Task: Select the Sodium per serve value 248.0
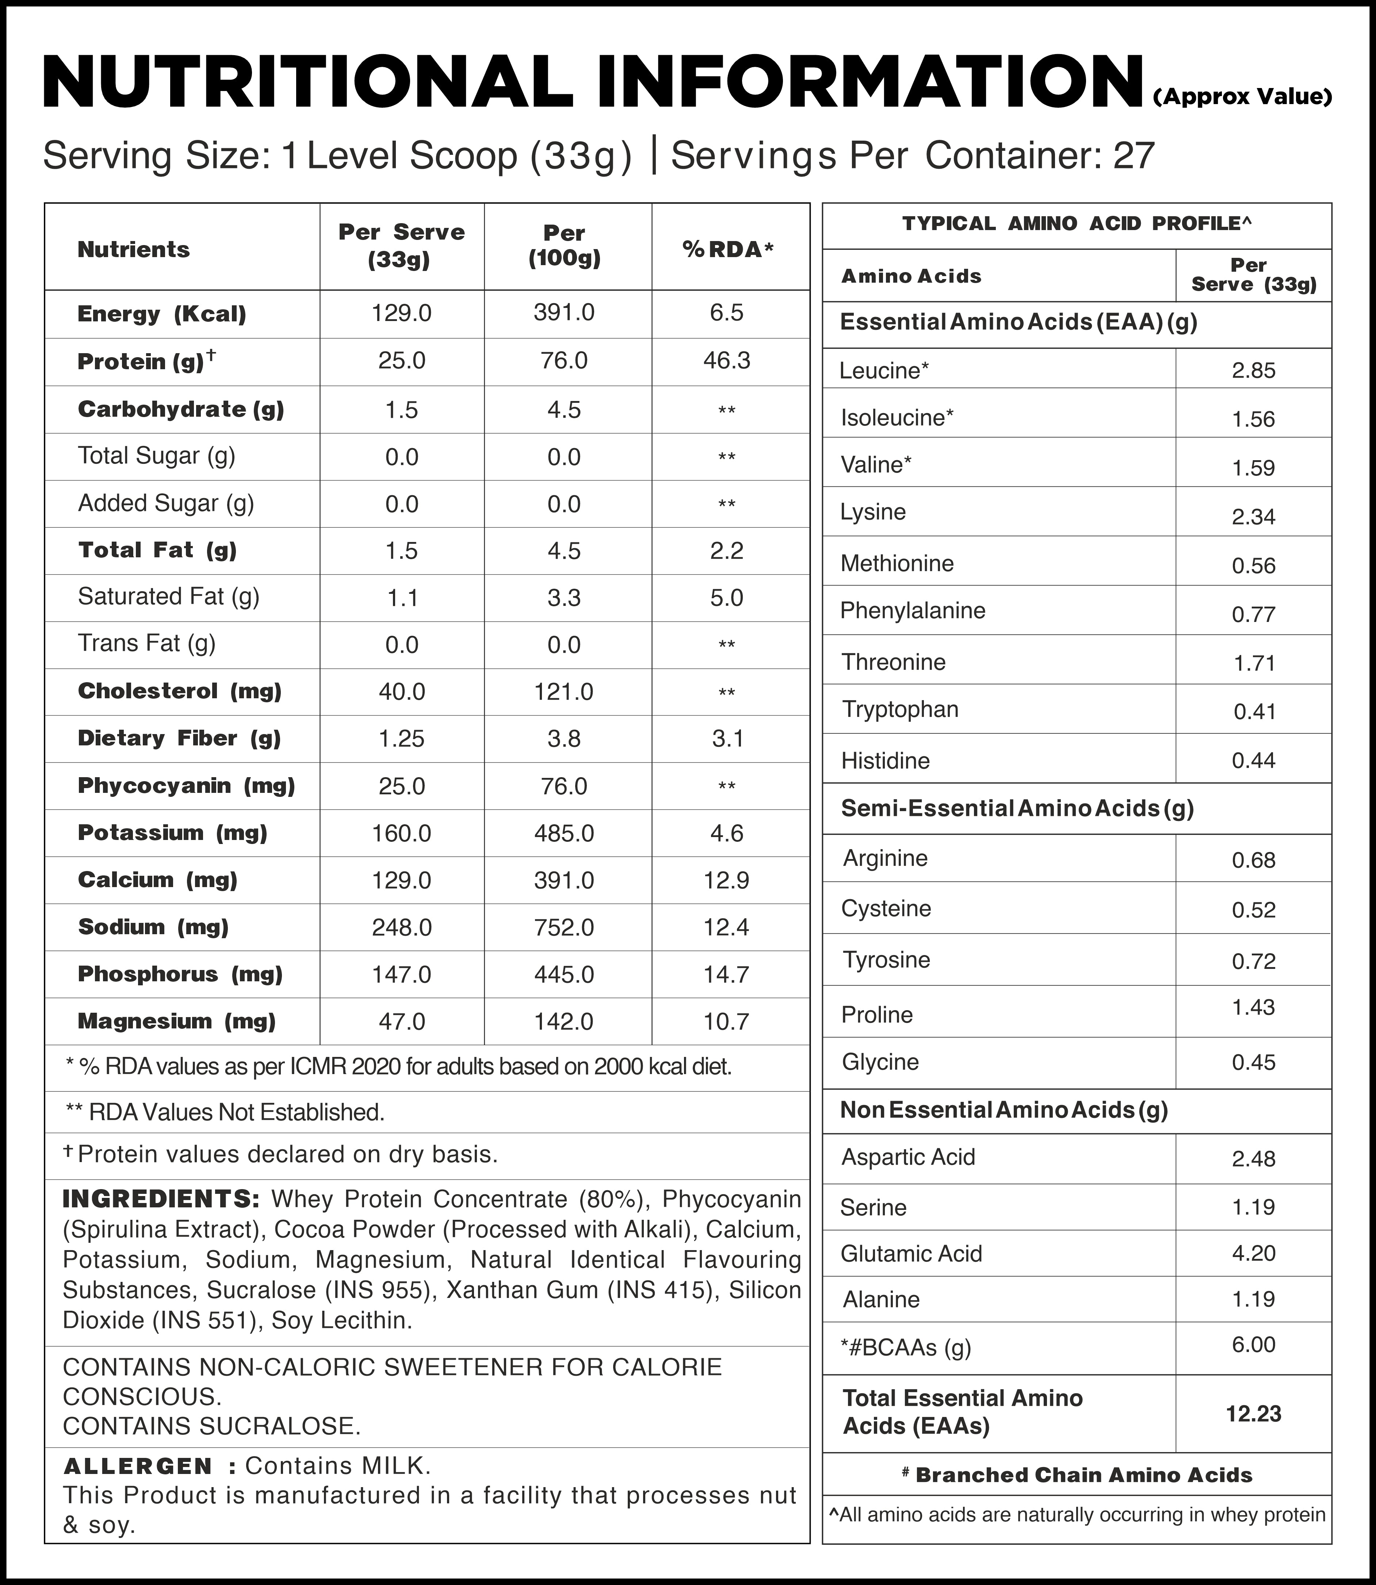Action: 402,928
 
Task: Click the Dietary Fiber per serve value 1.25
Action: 402,739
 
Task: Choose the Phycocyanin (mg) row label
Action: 186,786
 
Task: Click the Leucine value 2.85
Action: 1253,371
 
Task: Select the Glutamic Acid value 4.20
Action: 1253,1253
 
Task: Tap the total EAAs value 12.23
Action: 1253,1414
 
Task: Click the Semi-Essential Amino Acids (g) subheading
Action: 1017,809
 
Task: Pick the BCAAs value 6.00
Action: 1253,1345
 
